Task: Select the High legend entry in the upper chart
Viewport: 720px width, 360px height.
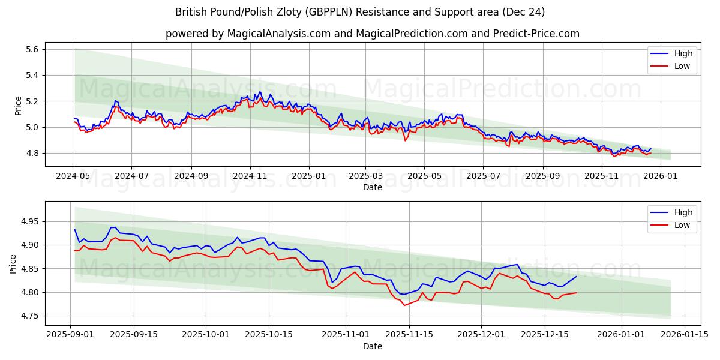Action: [x=683, y=53]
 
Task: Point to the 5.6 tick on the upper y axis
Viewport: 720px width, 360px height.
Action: [x=31, y=49]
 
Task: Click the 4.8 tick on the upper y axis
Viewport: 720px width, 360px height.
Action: [x=31, y=153]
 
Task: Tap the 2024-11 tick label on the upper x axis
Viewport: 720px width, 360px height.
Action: [x=250, y=176]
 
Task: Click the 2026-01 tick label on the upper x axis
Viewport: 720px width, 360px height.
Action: [x=659, y=176]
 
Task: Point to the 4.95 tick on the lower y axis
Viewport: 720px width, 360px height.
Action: [x=29, y=221]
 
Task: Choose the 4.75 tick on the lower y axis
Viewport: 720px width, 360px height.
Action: [x=29, y=316]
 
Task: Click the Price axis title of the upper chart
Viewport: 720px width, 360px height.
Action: [x=18, y=106]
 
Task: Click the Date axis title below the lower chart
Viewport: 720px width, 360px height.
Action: [x=372, y=346]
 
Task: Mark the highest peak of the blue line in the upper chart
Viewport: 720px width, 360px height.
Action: [x=260, y=92]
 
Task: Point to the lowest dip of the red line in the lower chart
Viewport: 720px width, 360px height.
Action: [x=404, y=305]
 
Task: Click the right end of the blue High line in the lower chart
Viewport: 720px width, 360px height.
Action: [x=576, y=276]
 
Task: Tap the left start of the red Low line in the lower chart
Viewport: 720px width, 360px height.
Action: [x=75, y=251]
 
